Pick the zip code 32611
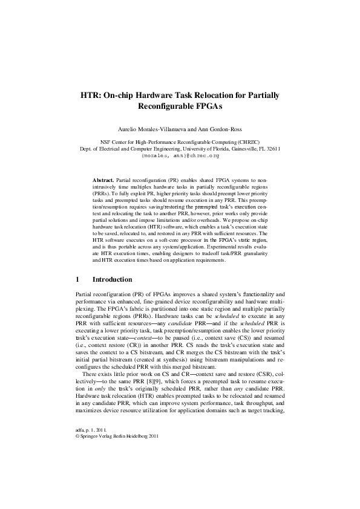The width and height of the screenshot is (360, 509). (270, 149)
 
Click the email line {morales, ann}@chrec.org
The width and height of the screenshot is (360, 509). (180, 155)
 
